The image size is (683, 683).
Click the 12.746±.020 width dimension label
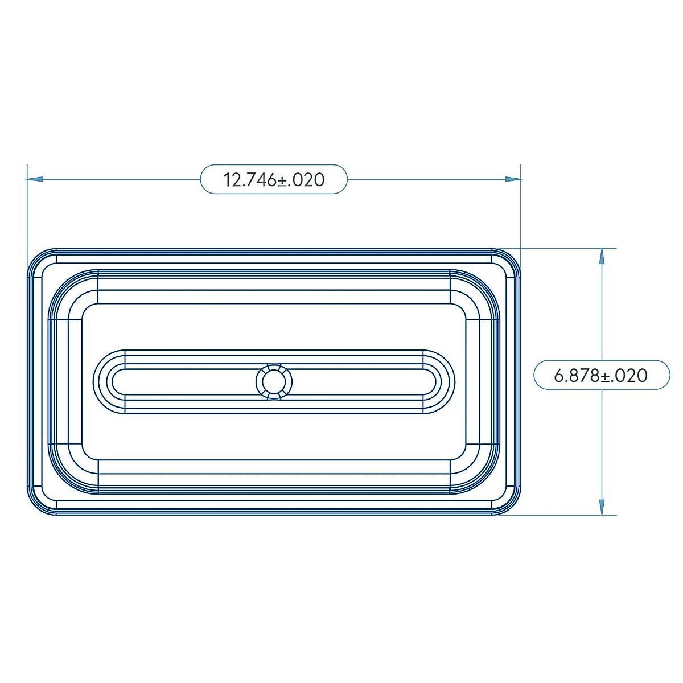coord(274,180)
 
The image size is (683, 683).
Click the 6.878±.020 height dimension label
coord(601,376)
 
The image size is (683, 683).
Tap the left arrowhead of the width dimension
coord(35,179)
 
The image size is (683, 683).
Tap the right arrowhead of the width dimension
coord(513,179)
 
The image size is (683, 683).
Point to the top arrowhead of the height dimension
coord(602,256)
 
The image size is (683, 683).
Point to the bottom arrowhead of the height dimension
coord(602,508)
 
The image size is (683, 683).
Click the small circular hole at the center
coord(274,381)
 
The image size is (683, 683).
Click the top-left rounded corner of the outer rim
coord(38,259)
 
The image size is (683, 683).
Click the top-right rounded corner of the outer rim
coord(511,259)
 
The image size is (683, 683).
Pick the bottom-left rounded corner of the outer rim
coord(38,505)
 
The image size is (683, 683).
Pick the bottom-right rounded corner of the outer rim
coord(511,505)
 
